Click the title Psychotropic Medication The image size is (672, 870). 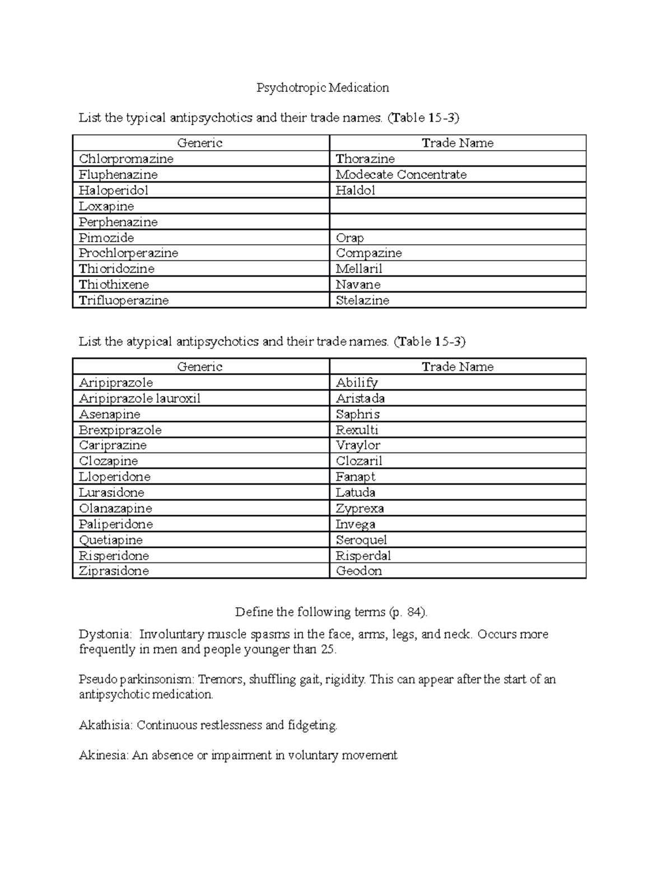[323, 87]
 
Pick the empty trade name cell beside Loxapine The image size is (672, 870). [457, 206]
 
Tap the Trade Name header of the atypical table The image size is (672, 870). [458, 367]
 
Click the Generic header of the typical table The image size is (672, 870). [200, 143]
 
